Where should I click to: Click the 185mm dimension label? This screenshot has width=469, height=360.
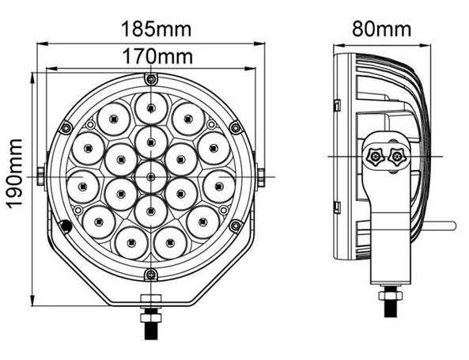point(156,28)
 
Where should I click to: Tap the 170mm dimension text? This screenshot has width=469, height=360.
point(157,56)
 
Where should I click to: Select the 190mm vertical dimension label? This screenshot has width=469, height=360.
point(15,174)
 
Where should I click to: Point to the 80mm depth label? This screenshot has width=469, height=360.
point(382,28)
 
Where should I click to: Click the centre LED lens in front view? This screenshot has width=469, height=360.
point(151,177)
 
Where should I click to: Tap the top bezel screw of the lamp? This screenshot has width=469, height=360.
point(151,79)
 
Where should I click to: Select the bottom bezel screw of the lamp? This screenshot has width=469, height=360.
point(151,274)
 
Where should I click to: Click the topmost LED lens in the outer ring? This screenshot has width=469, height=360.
point(151,108)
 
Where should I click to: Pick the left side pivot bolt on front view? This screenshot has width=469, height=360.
point(41,176)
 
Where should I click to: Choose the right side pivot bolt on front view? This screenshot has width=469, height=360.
point(261,177)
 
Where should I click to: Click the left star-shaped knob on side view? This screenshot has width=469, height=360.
point(373,156)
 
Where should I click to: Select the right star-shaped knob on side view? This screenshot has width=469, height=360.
point(397,156)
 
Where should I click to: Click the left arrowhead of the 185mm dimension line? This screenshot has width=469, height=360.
point(43,44)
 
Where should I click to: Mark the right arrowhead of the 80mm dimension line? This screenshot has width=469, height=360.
point(425,45)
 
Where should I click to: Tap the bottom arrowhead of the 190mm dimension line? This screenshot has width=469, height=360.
point(32,300)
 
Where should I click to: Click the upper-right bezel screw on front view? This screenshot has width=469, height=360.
point(236,128)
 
